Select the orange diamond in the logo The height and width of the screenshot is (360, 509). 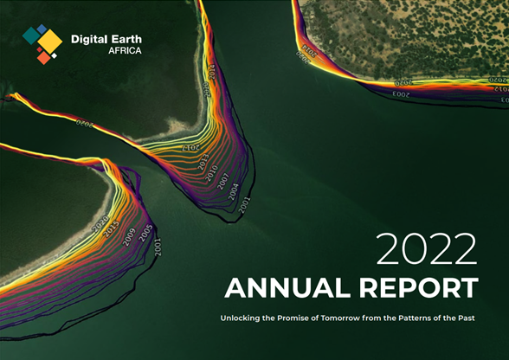pyautogui.click(x=42, y=57)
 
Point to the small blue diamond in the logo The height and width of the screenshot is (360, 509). pyautogui.click(x=42, y=29)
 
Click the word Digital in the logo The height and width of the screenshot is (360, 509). pyautogui.click(x=90, y=38)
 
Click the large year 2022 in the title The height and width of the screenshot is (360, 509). pyautogui.click(x=426, y=250)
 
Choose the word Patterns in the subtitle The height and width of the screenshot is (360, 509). pyautogui.click(x=442, y=319)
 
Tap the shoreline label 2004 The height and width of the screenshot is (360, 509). pyautogui.click(x=234, y=192)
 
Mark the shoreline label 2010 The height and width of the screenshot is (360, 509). pyautogui.click(x=210, y=173)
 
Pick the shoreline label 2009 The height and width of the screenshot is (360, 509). pyautogui.click(x=130, y=236)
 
